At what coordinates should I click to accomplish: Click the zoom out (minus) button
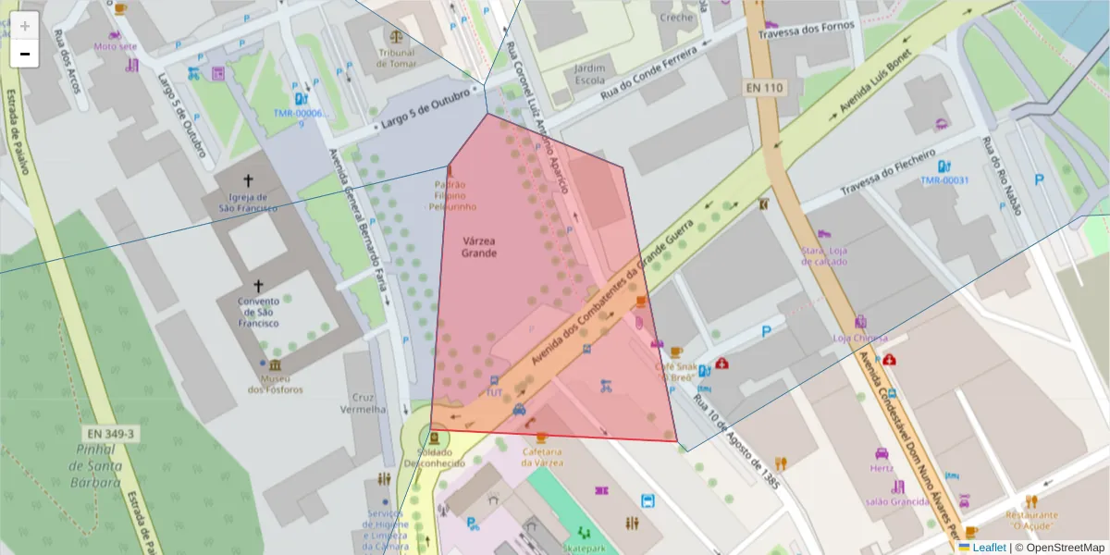click(25, 55)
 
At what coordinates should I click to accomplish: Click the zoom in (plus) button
click(25, 26)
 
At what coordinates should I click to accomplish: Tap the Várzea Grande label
click(480, 246)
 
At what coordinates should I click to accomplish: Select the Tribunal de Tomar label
click(397, 57)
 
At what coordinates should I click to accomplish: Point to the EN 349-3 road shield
click(110, 433)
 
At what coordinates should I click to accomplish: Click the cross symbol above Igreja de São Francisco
click(247, 180)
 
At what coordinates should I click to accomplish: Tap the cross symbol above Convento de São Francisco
click(258, 286)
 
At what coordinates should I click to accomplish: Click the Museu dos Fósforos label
click(275, 384)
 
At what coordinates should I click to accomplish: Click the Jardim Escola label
click(590, 74)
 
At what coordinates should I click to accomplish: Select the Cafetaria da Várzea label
click(541, 456)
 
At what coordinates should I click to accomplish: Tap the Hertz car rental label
click(882, 468)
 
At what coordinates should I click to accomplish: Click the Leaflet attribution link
click(989, 548)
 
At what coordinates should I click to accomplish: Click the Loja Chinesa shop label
click(860, 338)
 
